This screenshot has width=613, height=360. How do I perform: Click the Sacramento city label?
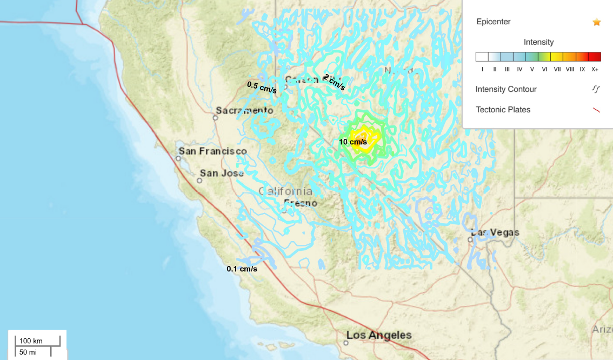click(244, 110)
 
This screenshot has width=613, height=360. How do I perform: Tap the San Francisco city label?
click(213, 151)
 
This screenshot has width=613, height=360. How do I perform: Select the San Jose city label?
click(222, 173)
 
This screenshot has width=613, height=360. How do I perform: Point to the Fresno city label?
click(301, 203)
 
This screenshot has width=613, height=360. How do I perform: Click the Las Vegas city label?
click(495, 232)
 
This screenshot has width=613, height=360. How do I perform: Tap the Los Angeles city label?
click(379, 335)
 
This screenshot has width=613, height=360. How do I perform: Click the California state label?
click(285, 191)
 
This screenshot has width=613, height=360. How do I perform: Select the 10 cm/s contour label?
click(353, 142)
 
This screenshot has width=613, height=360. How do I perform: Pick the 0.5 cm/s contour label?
click(262, 88)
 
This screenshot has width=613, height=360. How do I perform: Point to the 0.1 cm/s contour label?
click(242, 269)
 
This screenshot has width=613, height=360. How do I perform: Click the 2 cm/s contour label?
click(334, 82)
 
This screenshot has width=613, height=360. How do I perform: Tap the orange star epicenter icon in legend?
click(596, 22)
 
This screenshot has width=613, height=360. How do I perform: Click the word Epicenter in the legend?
click(493, 22)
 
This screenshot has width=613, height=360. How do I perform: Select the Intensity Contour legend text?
click(506, 89)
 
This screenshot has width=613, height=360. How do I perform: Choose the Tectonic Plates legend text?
click(503, 110)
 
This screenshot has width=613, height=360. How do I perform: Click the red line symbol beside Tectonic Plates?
click(596, 110)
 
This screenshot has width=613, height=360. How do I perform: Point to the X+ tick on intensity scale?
click(595, 69)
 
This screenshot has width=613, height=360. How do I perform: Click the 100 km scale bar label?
click(31, 341)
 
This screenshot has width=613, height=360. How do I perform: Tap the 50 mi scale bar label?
click(28, 352)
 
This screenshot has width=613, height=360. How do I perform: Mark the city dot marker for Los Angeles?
click(347, 342)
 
